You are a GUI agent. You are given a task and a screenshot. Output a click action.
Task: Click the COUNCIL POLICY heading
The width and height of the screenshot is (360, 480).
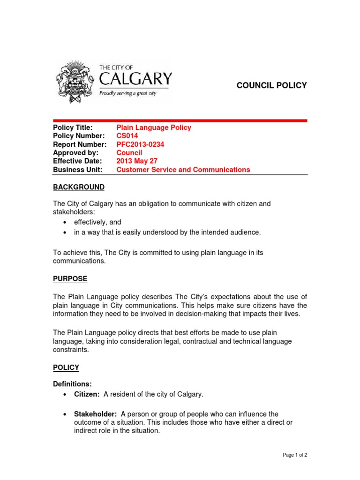(x=271, y=85)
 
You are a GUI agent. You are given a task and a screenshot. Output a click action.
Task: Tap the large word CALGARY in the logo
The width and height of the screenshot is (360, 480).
(x=135, y=78)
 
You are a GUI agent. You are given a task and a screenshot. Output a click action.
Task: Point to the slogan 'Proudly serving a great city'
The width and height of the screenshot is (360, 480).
(x=127, y=93)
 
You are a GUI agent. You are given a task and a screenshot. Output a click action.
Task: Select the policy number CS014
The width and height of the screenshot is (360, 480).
(x=127, y=136)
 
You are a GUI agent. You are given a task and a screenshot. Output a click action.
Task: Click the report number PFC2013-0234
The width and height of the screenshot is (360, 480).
(x=140, y=144)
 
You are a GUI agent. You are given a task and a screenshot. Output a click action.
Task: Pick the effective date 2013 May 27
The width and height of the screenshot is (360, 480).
(x=137, y=161)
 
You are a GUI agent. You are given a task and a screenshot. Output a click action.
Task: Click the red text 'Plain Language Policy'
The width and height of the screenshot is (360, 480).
(x=154, y=127)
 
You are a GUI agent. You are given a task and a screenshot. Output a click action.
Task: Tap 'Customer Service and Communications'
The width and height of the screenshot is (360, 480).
(x=183, y=170)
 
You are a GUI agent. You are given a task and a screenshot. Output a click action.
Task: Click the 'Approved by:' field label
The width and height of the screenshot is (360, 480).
(x=75, y=153)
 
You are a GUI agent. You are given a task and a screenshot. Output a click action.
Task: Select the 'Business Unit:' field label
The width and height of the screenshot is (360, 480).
(x=78, y=170)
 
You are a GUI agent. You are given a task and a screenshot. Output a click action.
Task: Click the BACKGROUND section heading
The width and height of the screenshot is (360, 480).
(x=79, y=187)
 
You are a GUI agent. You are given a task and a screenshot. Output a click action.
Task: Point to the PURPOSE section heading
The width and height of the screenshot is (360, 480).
(x=70, y=279)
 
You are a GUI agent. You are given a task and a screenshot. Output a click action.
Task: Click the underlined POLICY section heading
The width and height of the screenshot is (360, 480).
(x=66, y=367)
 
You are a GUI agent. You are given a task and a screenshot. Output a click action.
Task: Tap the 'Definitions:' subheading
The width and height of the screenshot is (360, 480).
(x=73, y=384)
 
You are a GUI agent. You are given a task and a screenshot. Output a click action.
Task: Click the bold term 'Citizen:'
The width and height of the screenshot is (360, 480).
(x=87, y=394)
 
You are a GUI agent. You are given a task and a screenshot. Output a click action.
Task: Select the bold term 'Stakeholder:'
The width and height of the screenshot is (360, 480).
(x=96, y=414)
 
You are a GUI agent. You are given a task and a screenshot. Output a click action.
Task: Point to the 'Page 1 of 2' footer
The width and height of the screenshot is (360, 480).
(x=294, y=455)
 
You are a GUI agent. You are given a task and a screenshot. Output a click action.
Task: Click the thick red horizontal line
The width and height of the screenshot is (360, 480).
(x=180, y=120)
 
